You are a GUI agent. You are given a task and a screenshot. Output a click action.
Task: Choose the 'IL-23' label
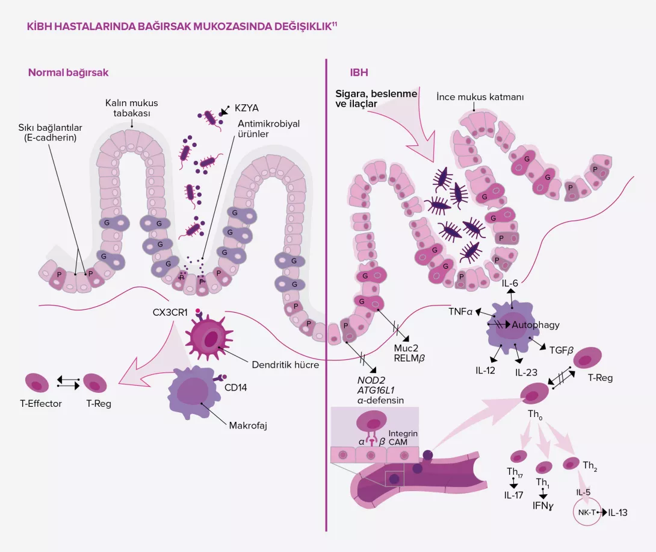(526, 371)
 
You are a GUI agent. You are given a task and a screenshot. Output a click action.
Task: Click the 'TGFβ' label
(563, 348)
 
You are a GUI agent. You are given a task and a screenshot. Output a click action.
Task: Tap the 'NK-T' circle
(587, 513)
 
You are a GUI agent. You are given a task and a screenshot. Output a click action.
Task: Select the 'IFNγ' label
(543, 506)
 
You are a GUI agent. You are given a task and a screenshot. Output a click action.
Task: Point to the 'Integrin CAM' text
(402, 438)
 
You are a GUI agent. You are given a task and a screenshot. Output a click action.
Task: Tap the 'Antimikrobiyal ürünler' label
(259, 129)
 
